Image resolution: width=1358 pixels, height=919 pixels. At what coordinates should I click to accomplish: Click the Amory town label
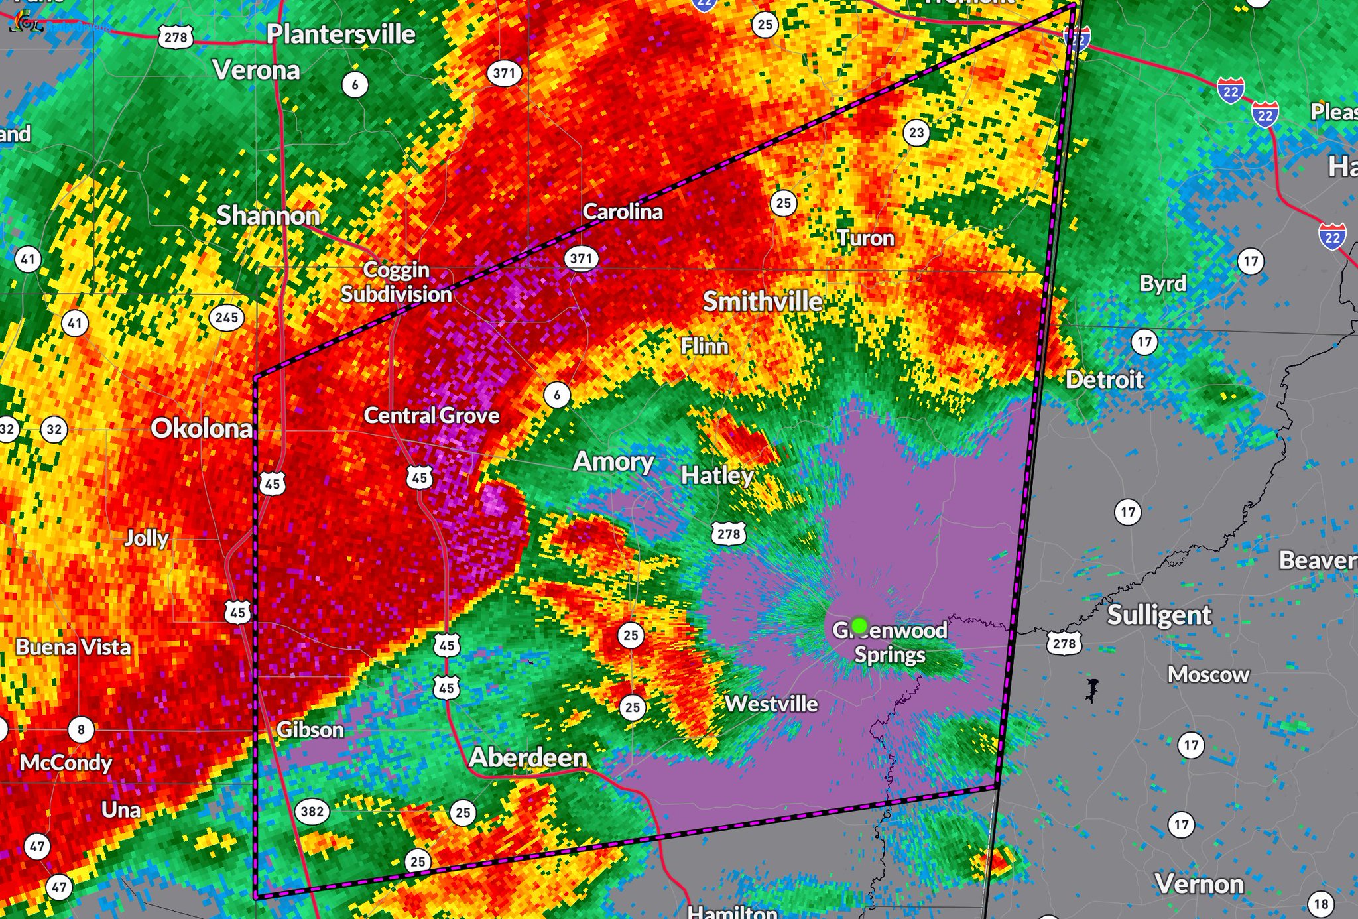[613, 461]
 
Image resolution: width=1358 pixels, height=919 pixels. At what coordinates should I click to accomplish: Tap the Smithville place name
[763, 302]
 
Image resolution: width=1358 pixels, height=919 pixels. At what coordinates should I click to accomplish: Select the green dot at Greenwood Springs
[859, 625]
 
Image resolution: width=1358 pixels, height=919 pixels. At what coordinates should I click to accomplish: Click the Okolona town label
[202, 428]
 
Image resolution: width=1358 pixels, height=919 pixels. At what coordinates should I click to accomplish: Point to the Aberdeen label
[528, 757]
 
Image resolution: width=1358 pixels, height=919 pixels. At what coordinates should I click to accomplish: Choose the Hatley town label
[717, 475]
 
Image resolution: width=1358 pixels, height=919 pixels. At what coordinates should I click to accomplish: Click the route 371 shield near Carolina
[582, 258]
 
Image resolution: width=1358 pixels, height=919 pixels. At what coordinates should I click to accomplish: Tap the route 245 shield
[227, 318]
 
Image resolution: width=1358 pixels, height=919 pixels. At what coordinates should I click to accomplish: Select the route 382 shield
[312, 811]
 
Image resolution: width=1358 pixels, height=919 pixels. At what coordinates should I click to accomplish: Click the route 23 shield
[916, 133]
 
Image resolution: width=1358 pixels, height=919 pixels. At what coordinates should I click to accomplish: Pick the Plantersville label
[341, 34]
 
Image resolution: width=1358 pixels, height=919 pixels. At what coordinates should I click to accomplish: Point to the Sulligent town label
[1159, 615]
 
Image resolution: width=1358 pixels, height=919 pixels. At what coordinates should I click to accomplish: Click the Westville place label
[771, 704]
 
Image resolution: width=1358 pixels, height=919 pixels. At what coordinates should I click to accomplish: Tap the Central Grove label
[432, 416]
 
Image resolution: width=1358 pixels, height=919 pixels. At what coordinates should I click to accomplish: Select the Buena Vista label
[74, 647]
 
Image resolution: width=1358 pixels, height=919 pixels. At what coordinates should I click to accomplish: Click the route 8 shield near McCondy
[82, 730]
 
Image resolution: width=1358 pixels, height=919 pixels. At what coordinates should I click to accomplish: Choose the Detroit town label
[1105, 380]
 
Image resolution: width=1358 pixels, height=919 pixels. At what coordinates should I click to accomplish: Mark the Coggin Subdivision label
[397, 282]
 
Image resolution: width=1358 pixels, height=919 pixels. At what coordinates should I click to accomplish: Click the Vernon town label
[1199, 884]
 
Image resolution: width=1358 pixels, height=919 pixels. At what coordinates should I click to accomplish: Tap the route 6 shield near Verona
[355, 84]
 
